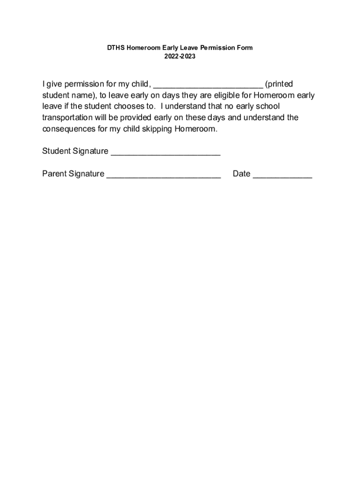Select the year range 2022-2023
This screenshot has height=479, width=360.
coord(180,57)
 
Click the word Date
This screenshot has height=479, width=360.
coord(242,174)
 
